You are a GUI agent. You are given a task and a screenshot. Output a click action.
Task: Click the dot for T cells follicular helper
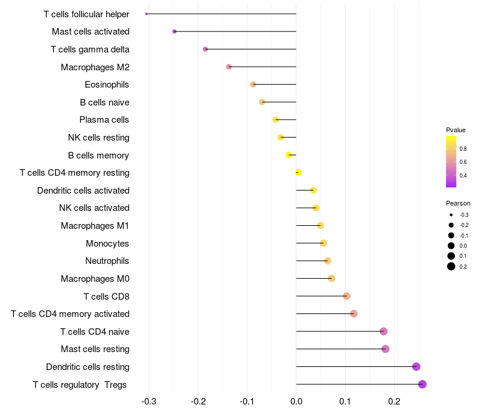(146, 14)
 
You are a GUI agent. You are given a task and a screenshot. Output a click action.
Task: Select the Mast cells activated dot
(174, 32)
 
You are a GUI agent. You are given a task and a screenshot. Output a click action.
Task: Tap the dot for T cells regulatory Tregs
(422, 384)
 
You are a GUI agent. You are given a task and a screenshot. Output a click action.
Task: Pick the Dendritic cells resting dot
(416, 367)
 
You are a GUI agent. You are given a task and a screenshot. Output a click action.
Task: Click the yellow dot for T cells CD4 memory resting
(298, 173)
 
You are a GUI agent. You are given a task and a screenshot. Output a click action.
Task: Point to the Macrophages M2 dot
(229, 67)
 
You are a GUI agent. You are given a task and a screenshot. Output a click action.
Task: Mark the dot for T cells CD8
(346, 296)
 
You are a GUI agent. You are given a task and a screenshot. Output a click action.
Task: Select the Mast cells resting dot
(385, 349)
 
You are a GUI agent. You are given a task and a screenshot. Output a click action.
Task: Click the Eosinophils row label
(107, 85)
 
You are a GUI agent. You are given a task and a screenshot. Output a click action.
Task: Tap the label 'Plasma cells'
(104, 120)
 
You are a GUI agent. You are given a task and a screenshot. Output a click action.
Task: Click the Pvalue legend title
(456, 130)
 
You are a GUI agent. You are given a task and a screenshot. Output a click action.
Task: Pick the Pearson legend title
(458, 203)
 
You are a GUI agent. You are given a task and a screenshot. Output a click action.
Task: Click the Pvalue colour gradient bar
(451, 161)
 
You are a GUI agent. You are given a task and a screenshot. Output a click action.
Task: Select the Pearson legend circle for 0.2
(451, 266)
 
